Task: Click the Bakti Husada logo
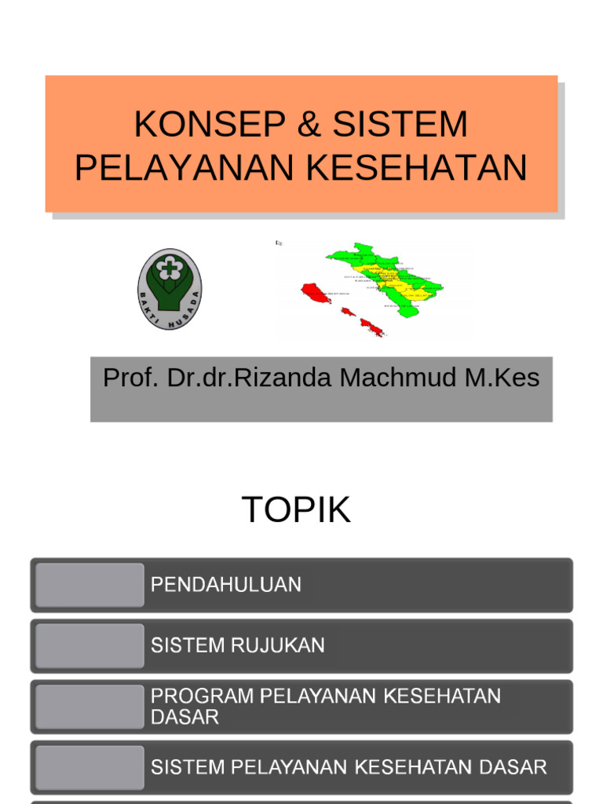170,288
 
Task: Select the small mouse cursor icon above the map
279,243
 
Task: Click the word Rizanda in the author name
285,378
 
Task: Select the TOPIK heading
296,510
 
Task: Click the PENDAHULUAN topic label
226,585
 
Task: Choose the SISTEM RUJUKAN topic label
238,645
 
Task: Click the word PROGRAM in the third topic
201,696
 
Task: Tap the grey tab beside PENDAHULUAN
90,585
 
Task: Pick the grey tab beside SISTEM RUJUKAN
90,645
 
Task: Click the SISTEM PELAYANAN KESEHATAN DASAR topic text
349,767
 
